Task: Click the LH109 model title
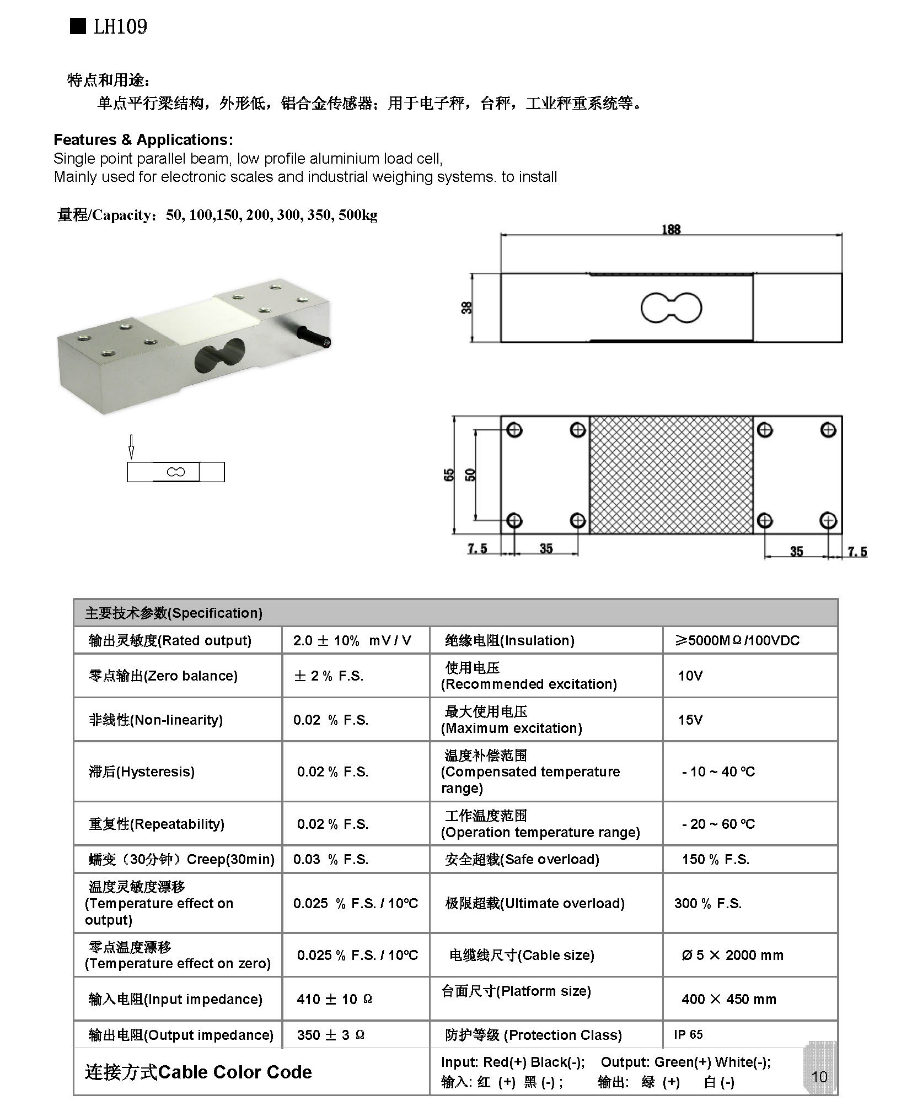coord(120,26)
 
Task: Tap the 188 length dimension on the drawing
coord(670,229)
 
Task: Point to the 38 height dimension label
coord(466,307)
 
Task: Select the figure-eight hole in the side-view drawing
coord(670,307)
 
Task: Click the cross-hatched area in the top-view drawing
coord(670,474)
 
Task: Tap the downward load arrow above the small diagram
coord(131,446)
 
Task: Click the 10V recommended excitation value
coord(690,676)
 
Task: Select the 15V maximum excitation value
coord(690,720)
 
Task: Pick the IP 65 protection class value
coord(688,1034)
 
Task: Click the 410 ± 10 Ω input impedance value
coord(334,999)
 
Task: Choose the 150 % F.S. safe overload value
coord(715,859)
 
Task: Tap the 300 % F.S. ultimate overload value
coord(707,903)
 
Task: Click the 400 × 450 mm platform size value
coord(728,999)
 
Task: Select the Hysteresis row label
coord(142,771)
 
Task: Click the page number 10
coord(819,1076)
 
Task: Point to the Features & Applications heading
coord(143,140)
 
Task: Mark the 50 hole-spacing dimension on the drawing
coord(470,474)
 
